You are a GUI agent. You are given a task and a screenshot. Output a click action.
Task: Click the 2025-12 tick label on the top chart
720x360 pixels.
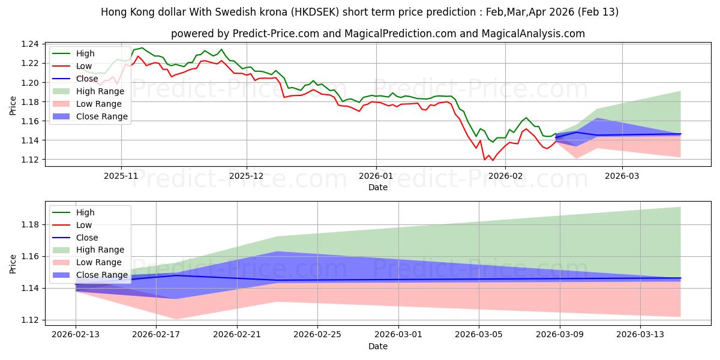[246, 176]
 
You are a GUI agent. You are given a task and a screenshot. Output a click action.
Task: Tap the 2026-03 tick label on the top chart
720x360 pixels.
[622, 176]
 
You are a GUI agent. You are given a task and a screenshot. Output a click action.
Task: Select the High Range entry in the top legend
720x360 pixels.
[100, 91]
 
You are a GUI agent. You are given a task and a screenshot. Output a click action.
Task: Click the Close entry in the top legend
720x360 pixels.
[86, 79]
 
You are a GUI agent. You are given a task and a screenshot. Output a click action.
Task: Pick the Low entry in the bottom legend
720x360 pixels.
[84, 225]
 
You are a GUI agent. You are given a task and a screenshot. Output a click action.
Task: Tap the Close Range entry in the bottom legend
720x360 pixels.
[102, 275]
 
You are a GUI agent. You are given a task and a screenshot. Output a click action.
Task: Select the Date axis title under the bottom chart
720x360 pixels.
[378, 347]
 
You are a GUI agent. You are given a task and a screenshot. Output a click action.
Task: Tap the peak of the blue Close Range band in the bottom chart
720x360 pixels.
[277, 251]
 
